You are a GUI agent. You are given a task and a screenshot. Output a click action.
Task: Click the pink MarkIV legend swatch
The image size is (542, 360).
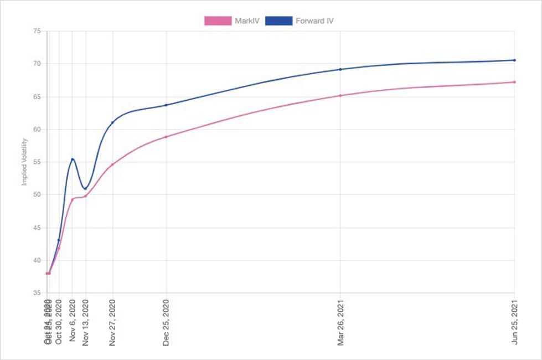pos(218,21)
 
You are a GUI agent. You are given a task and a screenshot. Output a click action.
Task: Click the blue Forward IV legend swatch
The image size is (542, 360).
pos(278,21)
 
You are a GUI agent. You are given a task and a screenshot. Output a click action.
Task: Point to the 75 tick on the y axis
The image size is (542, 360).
pos(37,31)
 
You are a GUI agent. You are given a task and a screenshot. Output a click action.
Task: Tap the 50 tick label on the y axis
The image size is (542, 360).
pos(37,195)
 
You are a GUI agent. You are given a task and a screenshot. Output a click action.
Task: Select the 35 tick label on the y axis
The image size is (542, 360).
pos(37,293)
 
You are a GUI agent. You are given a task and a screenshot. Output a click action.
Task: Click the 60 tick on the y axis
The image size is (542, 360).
pos(37,130)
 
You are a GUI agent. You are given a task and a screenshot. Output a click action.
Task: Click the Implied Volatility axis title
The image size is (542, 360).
pos(25,162)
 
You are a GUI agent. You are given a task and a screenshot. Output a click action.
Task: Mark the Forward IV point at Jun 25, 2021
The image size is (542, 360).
pos(514,60)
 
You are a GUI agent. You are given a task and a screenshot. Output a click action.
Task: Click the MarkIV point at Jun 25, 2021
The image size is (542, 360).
pos(514,82)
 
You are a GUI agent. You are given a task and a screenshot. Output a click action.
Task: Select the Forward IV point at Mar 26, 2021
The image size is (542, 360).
pos(340,69)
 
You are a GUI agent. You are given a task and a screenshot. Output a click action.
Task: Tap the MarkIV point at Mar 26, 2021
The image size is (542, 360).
pos(340,95)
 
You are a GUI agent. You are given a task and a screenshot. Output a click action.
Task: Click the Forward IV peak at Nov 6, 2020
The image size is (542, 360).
pos(73,159)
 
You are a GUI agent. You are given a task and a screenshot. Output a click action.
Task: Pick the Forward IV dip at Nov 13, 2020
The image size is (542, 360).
pos(85,189)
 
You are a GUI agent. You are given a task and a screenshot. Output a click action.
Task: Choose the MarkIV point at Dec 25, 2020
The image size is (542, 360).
pos(166,137)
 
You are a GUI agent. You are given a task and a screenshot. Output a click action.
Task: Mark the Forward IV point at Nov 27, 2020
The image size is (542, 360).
pos(112,122)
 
